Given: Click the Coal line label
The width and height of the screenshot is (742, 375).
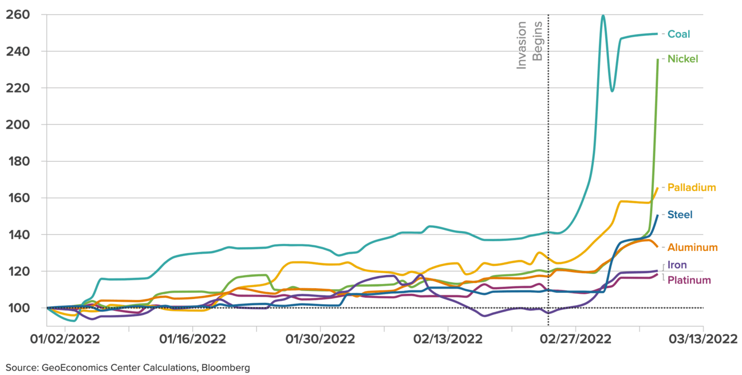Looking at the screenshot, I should [678, 34].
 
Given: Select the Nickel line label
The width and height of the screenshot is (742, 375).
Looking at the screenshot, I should [682, 59].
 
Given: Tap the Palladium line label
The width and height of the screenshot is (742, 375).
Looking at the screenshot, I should [692, 187].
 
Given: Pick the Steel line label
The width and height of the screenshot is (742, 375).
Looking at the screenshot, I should [680, 214].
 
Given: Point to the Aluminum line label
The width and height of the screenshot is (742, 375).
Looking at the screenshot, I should [692, 248].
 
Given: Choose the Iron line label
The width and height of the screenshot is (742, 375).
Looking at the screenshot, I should [677, 265].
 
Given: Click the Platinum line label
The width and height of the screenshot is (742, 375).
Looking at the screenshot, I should [689, 280].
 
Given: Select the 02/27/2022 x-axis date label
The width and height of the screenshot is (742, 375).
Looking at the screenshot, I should [575, 339].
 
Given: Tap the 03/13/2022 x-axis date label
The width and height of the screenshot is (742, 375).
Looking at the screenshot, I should [704, 339].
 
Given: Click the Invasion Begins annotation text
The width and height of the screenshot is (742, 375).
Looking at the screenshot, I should [530, 46].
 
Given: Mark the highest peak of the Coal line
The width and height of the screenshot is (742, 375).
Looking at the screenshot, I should [603, 15].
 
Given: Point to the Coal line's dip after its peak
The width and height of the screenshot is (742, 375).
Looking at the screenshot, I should [612, 91].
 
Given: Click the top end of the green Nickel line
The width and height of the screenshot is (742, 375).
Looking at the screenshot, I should [657, 59].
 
